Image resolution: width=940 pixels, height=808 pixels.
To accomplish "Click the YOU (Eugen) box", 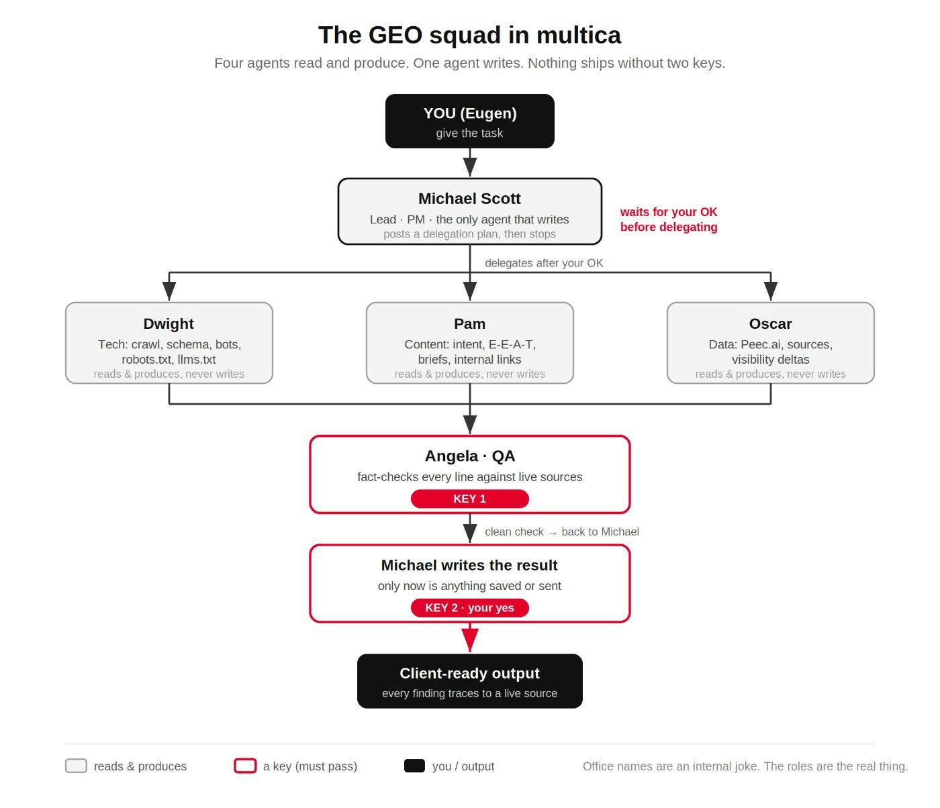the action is click(x=470, y=121).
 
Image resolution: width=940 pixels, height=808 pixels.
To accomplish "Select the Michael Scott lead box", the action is click(x=470, y=211).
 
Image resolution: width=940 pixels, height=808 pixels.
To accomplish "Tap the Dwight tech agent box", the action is click(x=169, y=343).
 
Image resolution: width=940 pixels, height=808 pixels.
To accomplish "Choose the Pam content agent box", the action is click(x=470, y=343).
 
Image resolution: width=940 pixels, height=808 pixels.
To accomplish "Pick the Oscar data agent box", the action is click(x=770, y=343).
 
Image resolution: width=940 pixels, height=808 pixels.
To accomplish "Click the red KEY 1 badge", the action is click(x=470, y=499).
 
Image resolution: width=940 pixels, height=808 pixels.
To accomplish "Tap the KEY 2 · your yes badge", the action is click(x=470, y=607).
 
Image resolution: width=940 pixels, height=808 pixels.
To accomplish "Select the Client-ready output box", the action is click(x=470, y=680).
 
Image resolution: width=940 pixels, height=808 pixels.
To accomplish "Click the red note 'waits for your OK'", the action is click(x=669, y=212).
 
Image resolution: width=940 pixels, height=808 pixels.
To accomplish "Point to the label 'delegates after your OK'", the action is click(x=544, y=263).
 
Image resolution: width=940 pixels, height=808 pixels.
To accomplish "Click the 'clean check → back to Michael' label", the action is click(x=561, y=532).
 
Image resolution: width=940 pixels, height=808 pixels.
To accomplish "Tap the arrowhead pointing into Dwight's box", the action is click(x=169, y=291).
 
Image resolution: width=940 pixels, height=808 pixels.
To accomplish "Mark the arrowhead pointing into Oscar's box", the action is click(x=770, y=291).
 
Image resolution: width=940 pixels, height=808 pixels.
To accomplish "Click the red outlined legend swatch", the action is click(x=245, y=766).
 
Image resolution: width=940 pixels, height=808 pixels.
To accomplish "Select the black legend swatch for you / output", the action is click(x=414, y=766).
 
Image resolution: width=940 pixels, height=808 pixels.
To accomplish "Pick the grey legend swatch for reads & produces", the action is click(x=76, y=766).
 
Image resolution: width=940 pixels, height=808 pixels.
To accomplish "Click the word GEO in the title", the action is click(x=395, y=35).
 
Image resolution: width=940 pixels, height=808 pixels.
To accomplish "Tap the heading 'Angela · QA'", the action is click(x=470, y=456).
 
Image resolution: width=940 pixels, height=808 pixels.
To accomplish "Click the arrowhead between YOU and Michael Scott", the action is click(x=470, y=167).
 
